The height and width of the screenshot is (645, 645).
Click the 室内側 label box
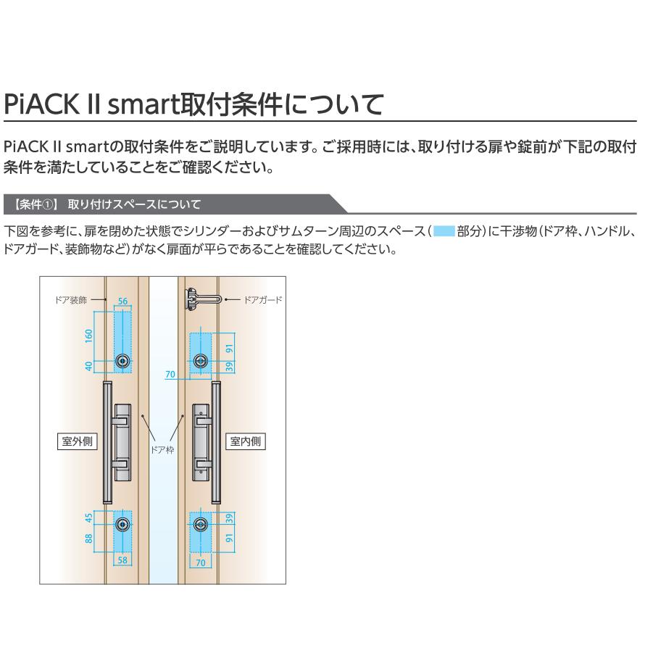pyautogui.click(x=246, y=441)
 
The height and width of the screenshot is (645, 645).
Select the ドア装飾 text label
pyautogui.click(x=75, y=299)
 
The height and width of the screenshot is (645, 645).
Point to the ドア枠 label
pyautogui.click(x=162, y=449)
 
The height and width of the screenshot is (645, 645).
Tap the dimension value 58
pyautogui.click(x=123, y=560)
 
